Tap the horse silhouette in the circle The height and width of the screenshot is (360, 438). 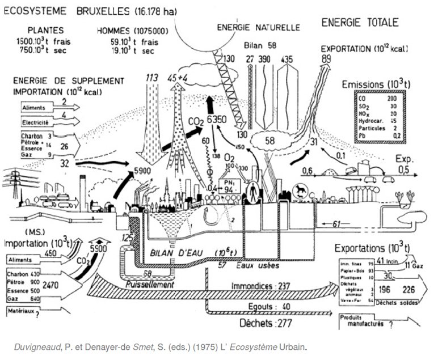pyautogui.click(x=298, y=190)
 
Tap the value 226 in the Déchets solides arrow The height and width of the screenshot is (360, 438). pyautogui.click(x=408, y=290)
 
